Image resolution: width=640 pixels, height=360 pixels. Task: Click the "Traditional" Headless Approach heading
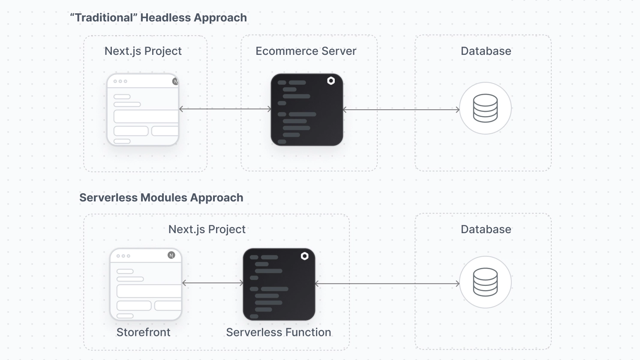[x=158, y=18]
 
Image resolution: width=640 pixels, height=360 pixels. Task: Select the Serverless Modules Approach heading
[x=161, y=198]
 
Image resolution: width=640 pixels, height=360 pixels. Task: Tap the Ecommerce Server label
[x=306, y=51]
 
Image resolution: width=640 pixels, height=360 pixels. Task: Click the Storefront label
[x=143, y=332]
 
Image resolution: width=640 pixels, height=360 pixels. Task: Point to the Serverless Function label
[x=279, y=332]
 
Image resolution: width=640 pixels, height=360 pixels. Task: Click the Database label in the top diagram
[x=486, y=51]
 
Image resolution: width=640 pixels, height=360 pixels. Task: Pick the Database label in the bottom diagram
[x=486, y=229]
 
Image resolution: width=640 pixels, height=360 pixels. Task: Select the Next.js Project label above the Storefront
[x=207, y=229]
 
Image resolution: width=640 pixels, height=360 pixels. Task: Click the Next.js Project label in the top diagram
[x=143, y=51]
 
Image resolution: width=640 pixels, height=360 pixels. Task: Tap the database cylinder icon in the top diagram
[x=485, y=108]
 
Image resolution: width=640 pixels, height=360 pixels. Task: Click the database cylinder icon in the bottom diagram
[x=485, y=282]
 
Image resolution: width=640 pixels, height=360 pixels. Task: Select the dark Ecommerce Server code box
[x=307, y=110]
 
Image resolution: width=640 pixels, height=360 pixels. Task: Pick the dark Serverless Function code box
[x=279, y=284]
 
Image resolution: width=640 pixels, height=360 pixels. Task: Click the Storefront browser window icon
[x=146, y=284]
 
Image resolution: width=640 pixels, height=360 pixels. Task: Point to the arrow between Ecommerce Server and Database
[x=401, y=110]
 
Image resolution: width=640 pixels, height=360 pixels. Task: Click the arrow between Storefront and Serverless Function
[x=213, y=283]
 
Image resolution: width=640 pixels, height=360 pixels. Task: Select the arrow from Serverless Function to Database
[x=387, y=284]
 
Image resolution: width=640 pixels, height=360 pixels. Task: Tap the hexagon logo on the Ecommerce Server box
[x=331, y=81]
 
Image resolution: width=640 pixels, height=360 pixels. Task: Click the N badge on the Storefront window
[x=171, y=255]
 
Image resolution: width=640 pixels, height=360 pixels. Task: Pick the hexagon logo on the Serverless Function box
[x=305, y=256]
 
